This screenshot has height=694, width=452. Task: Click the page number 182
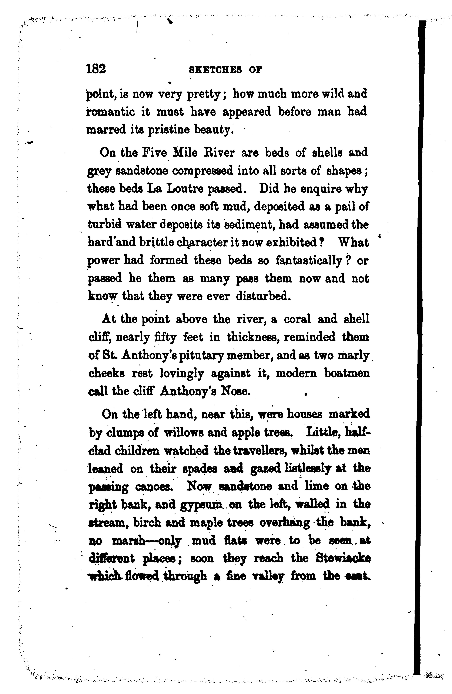pos(96,69)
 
